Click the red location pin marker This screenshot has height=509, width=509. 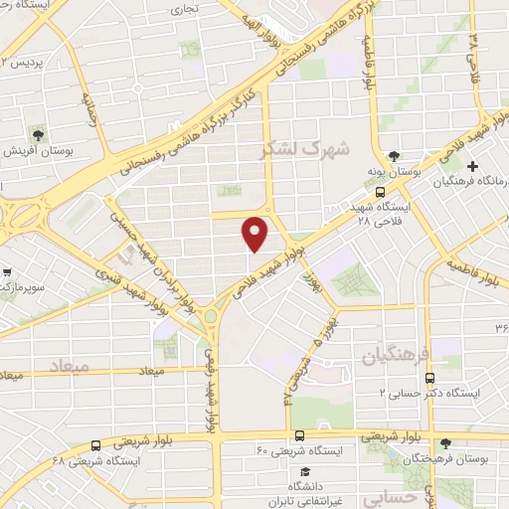(256, 234)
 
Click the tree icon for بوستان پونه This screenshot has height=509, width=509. (395, 156)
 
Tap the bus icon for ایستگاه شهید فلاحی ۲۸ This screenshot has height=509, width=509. (380, 190)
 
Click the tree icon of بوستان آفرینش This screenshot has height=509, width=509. (38, 133)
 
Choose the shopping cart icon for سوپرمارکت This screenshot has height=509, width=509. (6, 270)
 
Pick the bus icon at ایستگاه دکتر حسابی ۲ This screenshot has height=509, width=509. (429, 378)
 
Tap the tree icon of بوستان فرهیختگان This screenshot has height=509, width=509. (445, 443)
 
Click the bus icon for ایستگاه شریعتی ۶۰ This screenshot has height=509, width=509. (299, 434)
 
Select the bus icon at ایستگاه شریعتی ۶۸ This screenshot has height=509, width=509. (95, 445)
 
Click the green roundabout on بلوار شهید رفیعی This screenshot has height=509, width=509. (212, 318)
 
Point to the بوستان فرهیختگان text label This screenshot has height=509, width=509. (468, 460)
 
